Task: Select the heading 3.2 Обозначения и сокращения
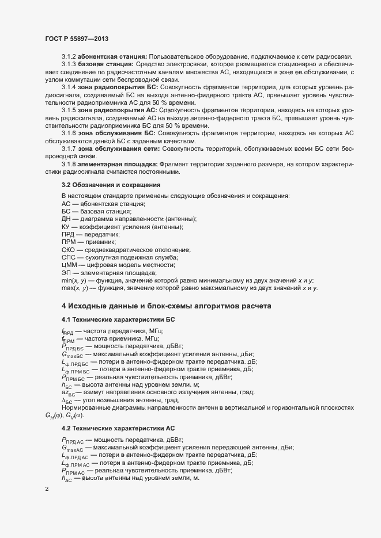[111, 185]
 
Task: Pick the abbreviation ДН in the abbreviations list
[66, 219]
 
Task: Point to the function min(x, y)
[74, 280]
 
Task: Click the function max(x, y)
[74, 287]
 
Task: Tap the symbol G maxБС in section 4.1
[72, 354]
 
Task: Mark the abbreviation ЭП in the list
[66, 272]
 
